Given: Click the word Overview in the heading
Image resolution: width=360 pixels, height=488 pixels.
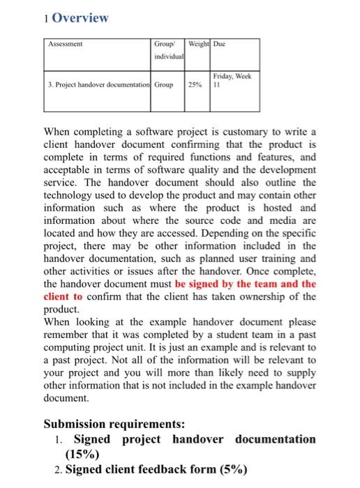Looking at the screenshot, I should [x=81, y=18].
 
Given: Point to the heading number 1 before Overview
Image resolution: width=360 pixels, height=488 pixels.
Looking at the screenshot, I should [x=45, y=19].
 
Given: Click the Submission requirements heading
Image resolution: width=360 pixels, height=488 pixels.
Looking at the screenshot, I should [x=114, y=423].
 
